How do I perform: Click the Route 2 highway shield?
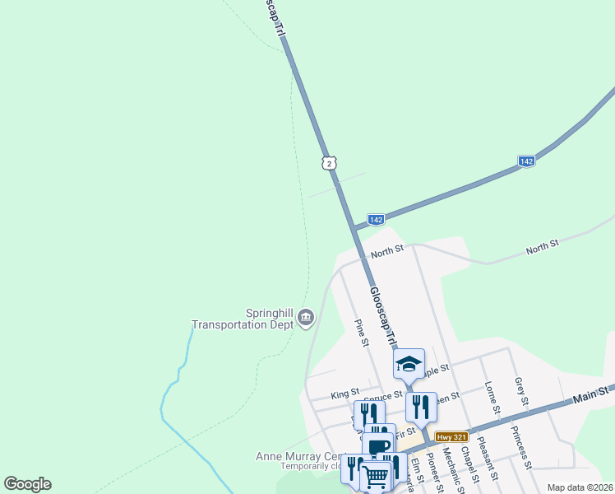[329, 163]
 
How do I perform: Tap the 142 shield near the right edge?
[527, 161]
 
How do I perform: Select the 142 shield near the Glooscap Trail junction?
[376, 219]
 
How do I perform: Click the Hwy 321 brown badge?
[451, 436]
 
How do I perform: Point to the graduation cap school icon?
[409, 363]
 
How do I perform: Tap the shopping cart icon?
[376, 475]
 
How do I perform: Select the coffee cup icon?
[378, 448]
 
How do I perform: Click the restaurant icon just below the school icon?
[421, 407]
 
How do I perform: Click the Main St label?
[592, 395]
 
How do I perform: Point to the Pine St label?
[362, 333]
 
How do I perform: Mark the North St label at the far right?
[542, 245]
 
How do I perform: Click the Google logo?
[27, 484]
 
